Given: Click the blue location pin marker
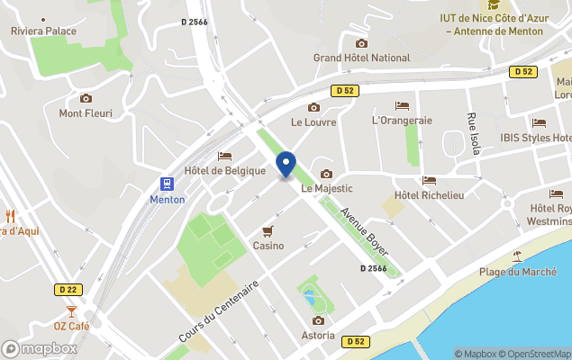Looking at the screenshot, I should click(286, 165).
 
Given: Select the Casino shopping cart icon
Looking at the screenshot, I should click(268, 230).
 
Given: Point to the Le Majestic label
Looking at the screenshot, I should click(326, 188).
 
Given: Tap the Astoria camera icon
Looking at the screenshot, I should click(318, 320).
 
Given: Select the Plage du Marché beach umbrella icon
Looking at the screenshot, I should click(517, 256).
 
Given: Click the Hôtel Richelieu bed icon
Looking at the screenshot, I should click(429, 181).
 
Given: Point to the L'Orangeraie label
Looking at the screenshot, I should click(402, 120).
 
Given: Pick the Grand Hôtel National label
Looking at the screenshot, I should click(361, 58).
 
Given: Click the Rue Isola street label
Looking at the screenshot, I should click(473, 133).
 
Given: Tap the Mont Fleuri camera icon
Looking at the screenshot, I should click(86, 98).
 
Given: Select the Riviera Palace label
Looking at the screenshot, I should click(43, 31).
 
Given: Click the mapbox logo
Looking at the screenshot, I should click(40, 348).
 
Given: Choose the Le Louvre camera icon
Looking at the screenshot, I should click(313, 107).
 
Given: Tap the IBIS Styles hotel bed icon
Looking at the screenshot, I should click(539, 122).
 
